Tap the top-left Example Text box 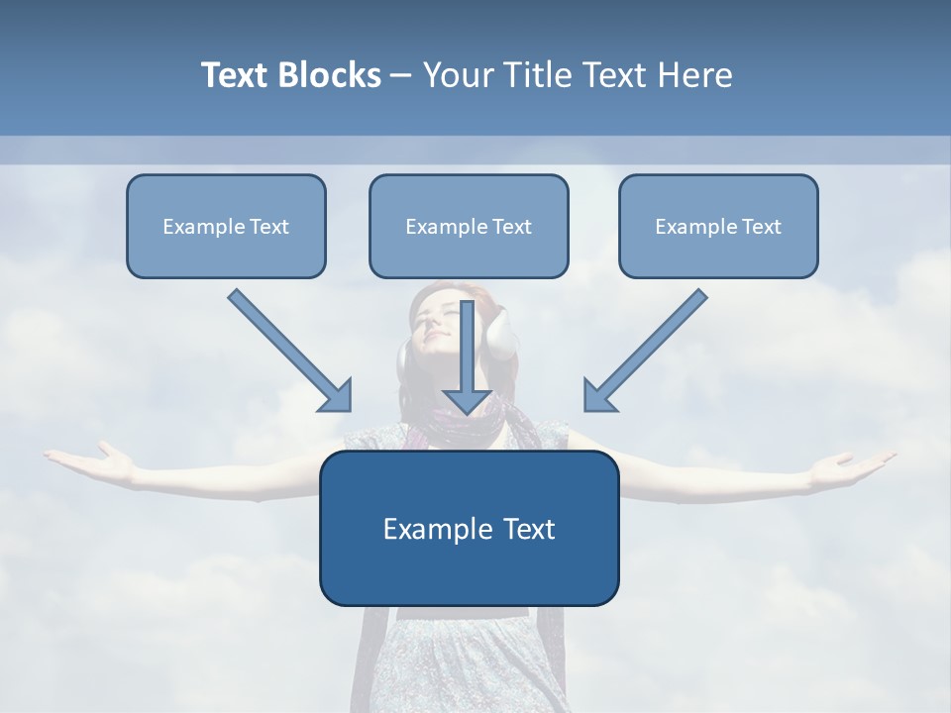click(x=226, y=227)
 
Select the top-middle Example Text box click(x=469, y=227)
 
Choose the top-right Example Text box click(x=718, y=227)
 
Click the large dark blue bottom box click(x=469, y=529)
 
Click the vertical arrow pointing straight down click(x=468, y=356)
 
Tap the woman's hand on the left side click(x=94, y=461)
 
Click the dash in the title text click(x=401, y=76)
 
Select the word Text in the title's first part click(x=237, y=75)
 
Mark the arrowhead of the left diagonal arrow click(x=337, y=396)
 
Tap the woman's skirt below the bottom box click(x=466, y=663)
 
